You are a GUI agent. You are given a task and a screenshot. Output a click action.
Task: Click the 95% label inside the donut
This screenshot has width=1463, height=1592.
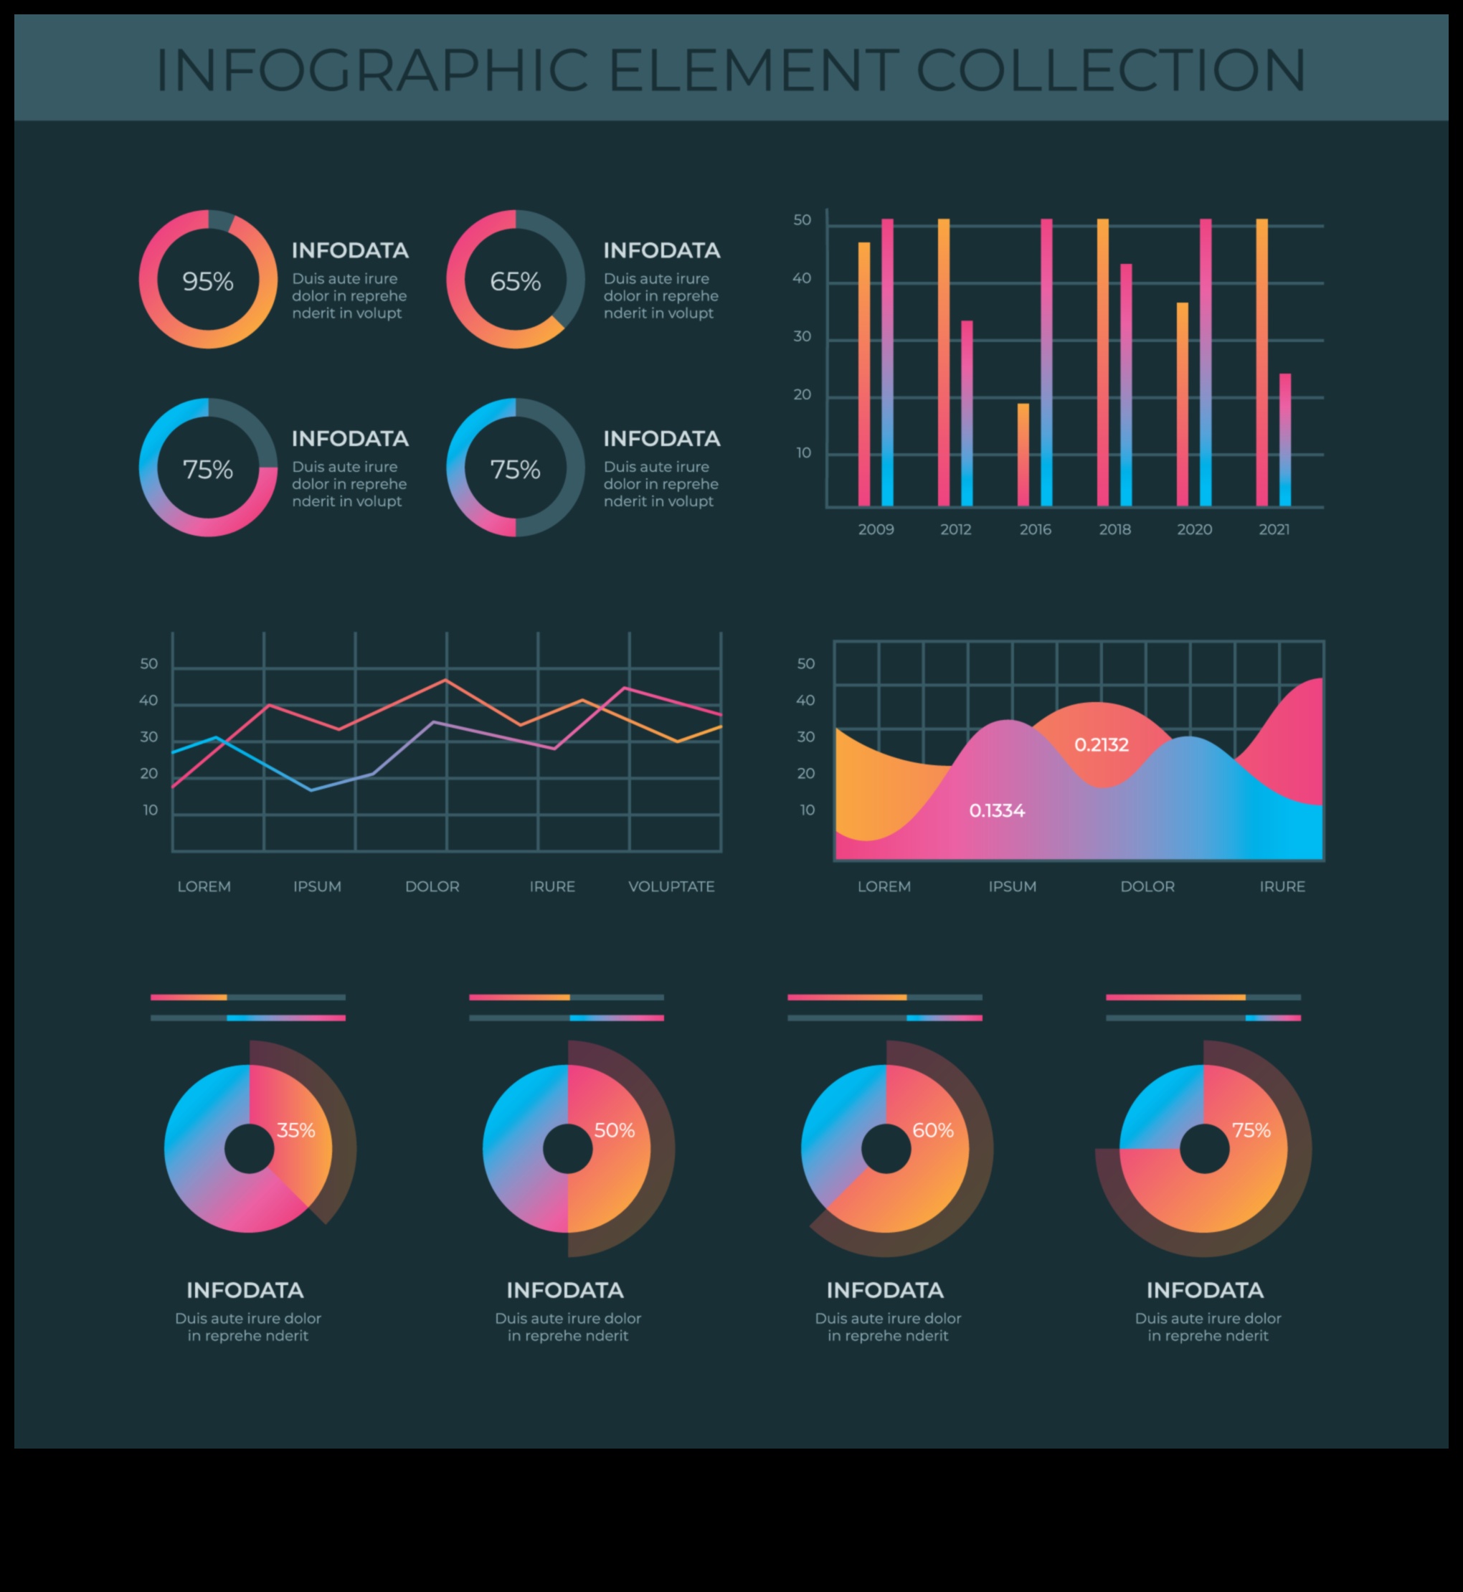(207, 281)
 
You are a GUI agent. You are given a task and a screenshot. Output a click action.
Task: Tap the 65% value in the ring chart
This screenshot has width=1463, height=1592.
(516, 281)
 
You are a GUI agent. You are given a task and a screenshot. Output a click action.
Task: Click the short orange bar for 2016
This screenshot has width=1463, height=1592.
(1023, 455)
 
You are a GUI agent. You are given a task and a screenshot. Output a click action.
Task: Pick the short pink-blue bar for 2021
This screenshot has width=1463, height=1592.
(1285, 440)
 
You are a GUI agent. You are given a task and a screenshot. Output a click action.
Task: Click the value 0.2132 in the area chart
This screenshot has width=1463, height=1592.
(1102, 745)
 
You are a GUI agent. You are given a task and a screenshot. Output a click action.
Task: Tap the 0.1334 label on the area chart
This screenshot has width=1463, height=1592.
(997, 810)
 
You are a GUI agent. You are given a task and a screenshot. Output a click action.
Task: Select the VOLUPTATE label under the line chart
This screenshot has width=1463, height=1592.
(671, 886)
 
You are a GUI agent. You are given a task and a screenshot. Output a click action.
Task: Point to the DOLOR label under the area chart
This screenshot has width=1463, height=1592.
(1147, 886)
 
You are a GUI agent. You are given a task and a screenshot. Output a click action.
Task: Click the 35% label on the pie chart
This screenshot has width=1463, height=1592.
(296, 1130)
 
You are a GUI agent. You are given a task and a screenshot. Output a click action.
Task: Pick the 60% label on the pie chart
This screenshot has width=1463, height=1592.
(932, 1130)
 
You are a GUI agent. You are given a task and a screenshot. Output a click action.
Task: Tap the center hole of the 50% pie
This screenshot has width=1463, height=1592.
(567, 1149)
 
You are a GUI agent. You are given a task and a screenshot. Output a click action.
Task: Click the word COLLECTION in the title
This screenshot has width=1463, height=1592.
(1111, 70)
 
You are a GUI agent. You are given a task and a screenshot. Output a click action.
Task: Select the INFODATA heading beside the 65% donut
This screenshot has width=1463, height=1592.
(661, 251)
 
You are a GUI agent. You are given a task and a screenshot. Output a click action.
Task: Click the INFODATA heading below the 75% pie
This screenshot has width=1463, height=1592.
(1204, 1290)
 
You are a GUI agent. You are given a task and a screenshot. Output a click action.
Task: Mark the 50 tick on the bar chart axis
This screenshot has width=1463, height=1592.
(802, 220)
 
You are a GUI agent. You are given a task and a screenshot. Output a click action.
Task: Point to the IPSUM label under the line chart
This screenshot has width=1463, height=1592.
(317, 886)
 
